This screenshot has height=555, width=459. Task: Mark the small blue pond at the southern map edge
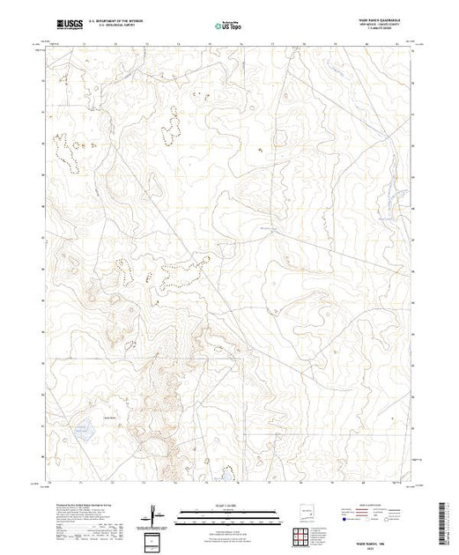(227, 475)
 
